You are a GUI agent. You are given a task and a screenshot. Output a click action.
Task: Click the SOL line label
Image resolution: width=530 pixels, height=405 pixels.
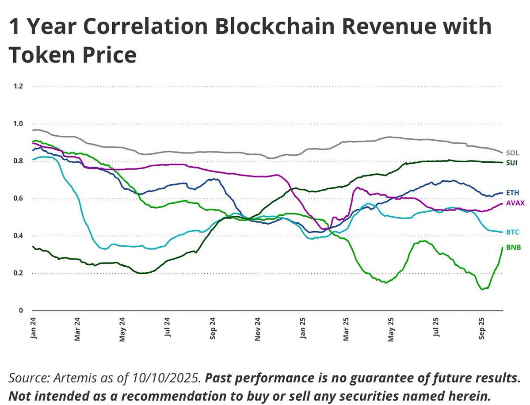pyautogui.click(x=512, y=153)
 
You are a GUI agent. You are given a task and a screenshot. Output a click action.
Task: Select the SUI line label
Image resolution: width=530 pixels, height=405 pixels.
pyautogui.click(x=512, y=163)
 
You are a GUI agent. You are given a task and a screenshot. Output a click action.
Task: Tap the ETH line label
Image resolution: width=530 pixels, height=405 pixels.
pyautogui.click(x=513, y=193)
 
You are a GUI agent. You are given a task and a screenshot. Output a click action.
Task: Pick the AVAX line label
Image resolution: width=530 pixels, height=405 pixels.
pyautogui.click(x=515, y=202)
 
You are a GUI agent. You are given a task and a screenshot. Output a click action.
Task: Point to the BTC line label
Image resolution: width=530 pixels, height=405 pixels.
pyautogui.click(x=513, y=232)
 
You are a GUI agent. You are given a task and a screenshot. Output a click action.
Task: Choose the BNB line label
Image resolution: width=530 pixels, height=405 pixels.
pyautogui.click(x=513, y=247)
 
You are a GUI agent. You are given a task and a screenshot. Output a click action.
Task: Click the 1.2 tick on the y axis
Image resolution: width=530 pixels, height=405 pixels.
pyautogui.click(x=18, y=86)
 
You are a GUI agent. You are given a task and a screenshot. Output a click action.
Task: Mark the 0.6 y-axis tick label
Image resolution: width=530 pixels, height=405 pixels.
pyautogui.click(x=18, y=199)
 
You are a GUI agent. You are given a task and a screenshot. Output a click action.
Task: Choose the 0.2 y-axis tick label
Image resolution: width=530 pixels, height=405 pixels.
pyautogui.click(x=18, y=273)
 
